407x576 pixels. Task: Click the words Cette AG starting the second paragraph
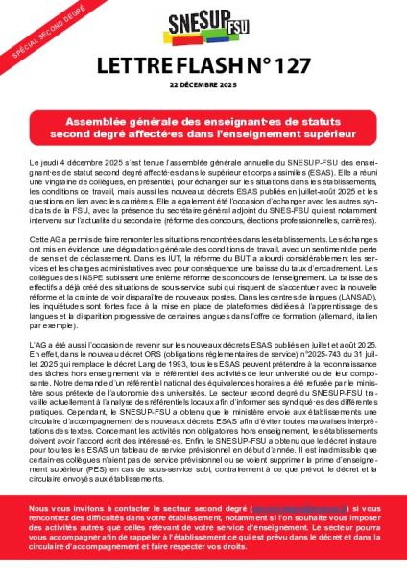pyautogui.click(x=49, y=237)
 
